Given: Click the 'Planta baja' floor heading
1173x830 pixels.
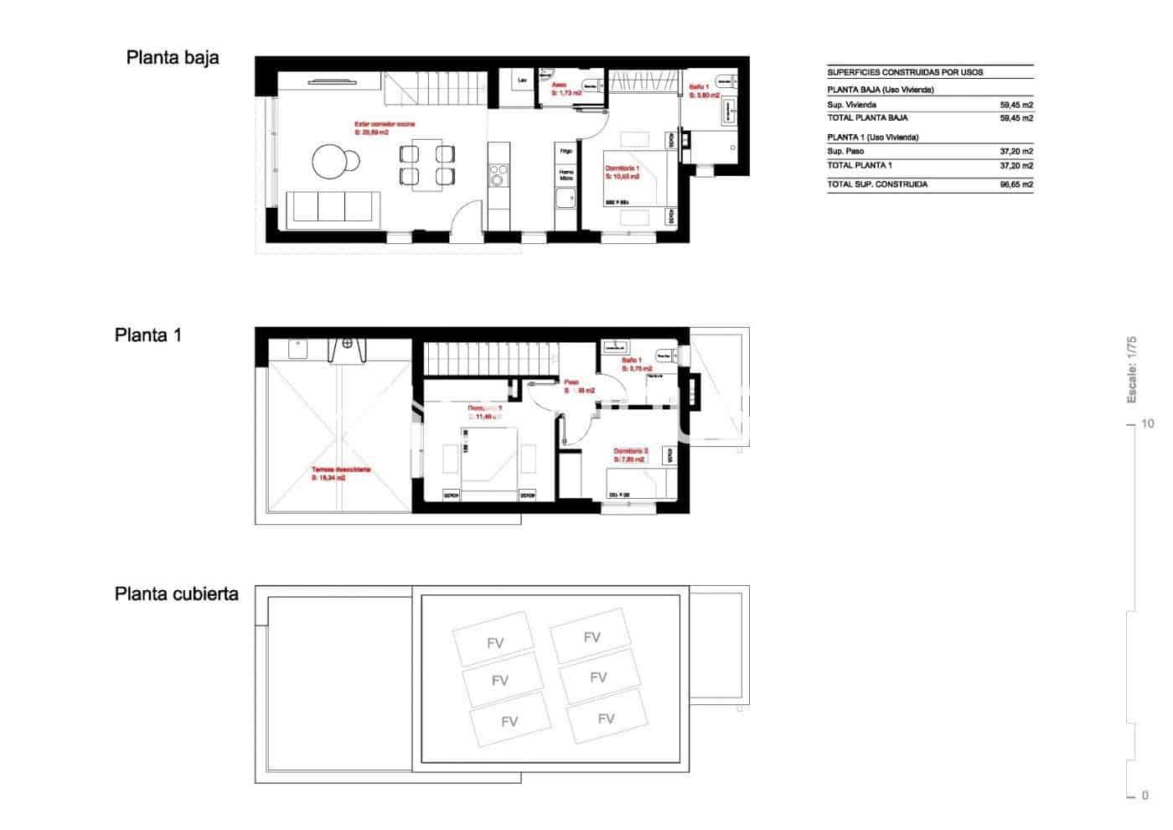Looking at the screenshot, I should point(173,58).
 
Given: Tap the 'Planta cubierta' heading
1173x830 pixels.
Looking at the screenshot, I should point(176,594).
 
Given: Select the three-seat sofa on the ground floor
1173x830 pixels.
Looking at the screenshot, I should point(333,208).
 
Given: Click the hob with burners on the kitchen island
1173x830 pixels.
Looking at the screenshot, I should point(499,177).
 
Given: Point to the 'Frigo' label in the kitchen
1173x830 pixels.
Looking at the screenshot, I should point(566,152).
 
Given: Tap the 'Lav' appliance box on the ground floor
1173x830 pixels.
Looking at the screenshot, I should point(523,81).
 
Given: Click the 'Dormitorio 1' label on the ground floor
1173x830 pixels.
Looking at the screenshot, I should point(623,169).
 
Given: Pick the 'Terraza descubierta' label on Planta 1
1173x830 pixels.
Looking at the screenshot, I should point(341,470).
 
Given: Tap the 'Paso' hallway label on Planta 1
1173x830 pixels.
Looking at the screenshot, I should point(571,381).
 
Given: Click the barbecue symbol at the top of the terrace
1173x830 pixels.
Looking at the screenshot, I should point(347,345).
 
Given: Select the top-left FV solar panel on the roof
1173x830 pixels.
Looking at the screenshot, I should point(494,643).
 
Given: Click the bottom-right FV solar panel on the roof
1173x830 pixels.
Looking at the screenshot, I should point(606,718).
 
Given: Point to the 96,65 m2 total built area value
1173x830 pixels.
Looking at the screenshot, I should point(1015,184).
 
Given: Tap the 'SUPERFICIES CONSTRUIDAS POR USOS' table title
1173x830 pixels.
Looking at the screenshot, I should point(905,72).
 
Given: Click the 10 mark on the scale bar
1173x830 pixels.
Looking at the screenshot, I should point(1145,424).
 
